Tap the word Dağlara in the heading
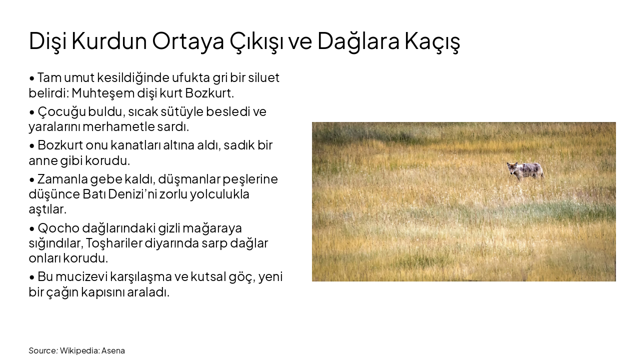(x=358, y=41)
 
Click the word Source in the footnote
(x=42, y=350)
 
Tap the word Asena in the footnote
(x=113, y=350)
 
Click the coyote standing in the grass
(x=525, y=171)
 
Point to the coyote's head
(x=512, y=167)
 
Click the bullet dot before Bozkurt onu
(x=32, y=146)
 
